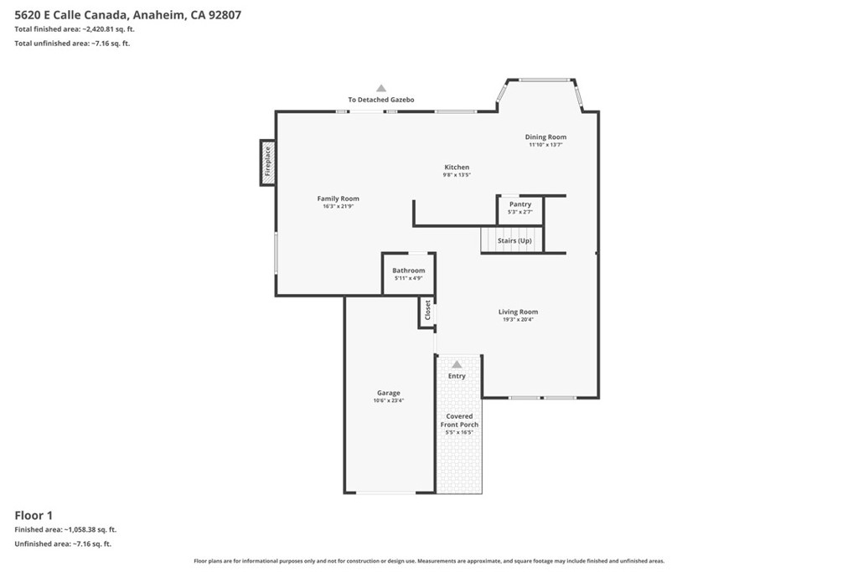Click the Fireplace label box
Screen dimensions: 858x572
pyautogui.click(x=267, y=162)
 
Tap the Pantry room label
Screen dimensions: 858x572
pyautogui.click(x=519, y=204)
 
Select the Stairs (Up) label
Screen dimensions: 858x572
pyautogui.click(x=514, y=240)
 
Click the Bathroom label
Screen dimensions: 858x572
pyautogui.click(x=408, y=271)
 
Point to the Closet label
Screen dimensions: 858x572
pyautogui.click(x=427, y=310)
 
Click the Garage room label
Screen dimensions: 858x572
pyautogui.click(x=389, y=393)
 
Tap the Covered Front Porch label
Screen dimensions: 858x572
pyautogui.click(x=459, y=420)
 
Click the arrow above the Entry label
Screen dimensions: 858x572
pyautogui.click(x=457, y=364)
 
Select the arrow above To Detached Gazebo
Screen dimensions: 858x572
pyautogui.click(x=381, y=87)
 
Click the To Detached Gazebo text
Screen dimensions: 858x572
pyautogui.click(x=381, y=100)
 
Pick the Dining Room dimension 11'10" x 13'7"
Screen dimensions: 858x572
pyautogui.click(x=545, y=145)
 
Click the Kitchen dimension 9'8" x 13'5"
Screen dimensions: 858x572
pyautogui.click(x=457, y=175)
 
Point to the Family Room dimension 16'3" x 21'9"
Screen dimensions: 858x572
pyautogui.click(x=339, y=206)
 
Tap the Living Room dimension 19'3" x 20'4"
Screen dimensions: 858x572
pyautogui.click(x=518, y=319)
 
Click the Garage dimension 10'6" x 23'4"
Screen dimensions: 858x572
pyautogui.click(x=389, y=400)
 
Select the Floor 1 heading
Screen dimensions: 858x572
pyautogui.click(x=34, y=515)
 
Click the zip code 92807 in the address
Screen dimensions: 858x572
pyautogui.click(x=225, y=15)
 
